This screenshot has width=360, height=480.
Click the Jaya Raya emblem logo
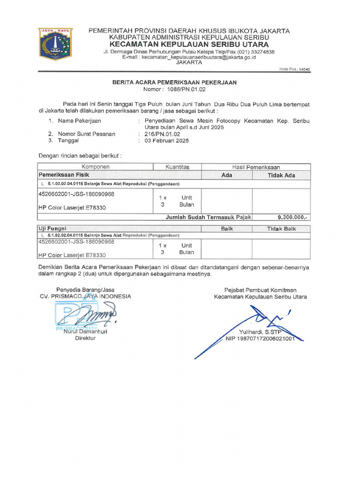tap(55, 44)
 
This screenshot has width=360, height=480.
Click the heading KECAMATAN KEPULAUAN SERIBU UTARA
tap(189, 44)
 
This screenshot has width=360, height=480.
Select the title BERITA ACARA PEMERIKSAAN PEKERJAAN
tap(174, 82)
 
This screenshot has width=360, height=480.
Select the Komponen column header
tap(96, 167)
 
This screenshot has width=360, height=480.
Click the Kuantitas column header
tap(177, 167)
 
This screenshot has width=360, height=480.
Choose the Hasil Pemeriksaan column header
tap(255, 167)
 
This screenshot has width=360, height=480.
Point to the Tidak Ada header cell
tap(281, 175)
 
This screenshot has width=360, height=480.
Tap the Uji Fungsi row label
tap(52, 228)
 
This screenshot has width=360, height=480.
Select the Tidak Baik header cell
tap(281, 228)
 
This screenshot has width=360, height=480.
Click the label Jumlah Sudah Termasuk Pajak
tap(209, 217)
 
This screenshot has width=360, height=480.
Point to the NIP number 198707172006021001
tap(260, 338)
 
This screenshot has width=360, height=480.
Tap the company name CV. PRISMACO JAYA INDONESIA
tap(85, 296)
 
